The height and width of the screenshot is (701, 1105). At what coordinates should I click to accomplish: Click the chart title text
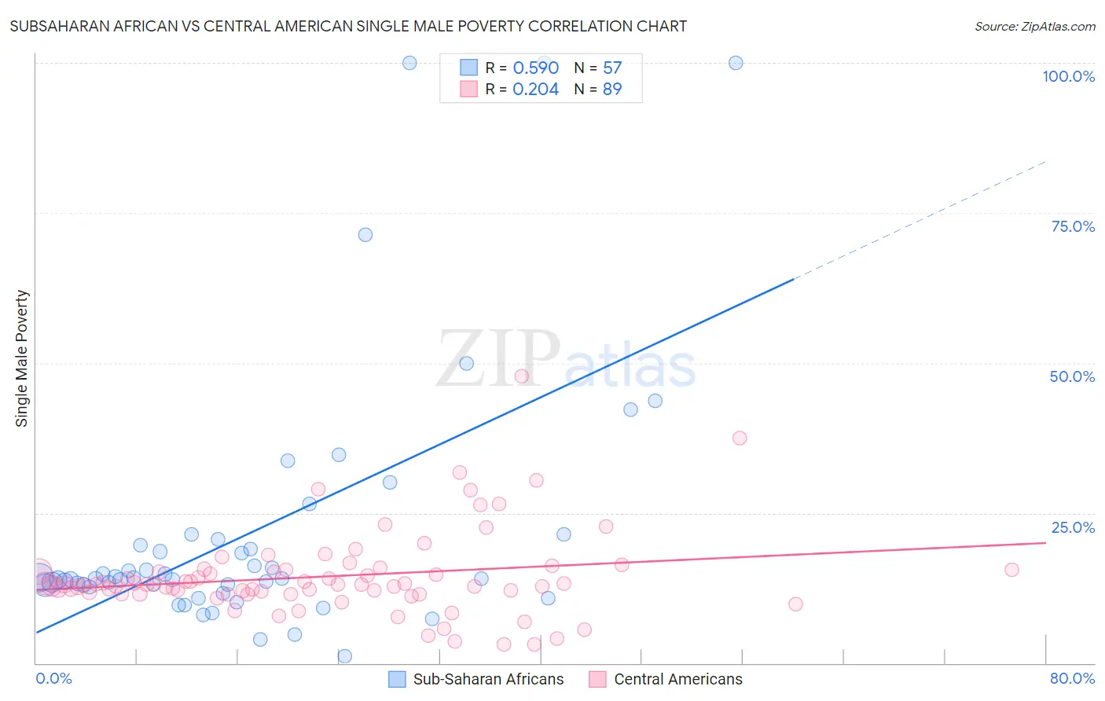348,27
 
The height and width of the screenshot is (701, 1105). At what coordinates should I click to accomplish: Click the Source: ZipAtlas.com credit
1034,27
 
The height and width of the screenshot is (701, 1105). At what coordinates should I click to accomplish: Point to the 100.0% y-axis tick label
1068,76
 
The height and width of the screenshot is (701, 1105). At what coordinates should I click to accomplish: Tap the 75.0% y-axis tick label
1073,226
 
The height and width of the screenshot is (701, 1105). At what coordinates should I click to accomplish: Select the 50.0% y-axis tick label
1072,376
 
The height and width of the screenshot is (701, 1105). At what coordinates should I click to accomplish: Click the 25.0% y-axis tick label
1073,527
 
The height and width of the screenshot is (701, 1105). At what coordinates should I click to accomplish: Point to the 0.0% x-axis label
53,678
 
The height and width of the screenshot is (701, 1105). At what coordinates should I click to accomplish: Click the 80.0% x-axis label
1072,678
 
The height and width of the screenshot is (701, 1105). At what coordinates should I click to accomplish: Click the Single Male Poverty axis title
22,358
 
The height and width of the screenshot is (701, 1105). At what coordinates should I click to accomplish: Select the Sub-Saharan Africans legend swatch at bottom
398,679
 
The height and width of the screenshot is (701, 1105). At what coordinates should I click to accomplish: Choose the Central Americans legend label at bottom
677,679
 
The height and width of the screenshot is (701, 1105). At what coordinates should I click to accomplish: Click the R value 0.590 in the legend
535,68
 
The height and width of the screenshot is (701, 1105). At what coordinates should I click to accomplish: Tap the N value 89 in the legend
612,90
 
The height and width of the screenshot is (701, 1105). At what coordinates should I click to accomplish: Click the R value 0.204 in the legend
535,90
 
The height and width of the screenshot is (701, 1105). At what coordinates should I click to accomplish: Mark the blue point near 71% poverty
365,235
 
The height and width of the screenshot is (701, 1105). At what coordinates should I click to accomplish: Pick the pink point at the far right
1011,570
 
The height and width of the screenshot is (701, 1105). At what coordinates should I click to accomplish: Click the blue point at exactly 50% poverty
467,364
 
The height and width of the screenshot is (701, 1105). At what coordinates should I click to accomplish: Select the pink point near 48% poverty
521,376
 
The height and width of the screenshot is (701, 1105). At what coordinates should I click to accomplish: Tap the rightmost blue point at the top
736,63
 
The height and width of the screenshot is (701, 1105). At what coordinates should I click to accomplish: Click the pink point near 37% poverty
740,438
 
